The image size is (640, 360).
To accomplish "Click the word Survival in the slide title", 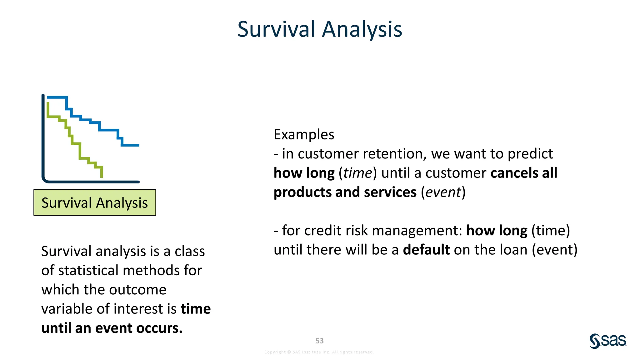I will pos(276,29).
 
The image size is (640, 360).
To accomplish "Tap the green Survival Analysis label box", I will pos(95,202).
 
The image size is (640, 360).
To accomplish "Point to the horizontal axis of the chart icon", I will pos(94,182).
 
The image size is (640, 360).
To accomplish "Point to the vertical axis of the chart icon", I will pos(43,137).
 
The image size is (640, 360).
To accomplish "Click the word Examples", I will pos(304,135).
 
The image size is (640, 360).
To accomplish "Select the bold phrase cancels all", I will pos(524,173).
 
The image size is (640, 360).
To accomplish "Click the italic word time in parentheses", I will pos(358,173).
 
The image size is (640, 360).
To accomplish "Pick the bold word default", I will pos(426,250).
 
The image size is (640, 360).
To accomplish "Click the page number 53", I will pos(319,341).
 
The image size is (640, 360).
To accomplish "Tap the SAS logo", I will pos(608,341).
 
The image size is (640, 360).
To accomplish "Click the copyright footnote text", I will pos(319,352).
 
